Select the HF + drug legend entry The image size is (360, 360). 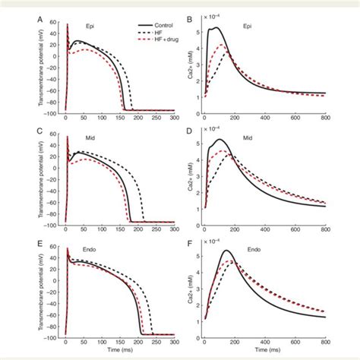coord(155,39)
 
